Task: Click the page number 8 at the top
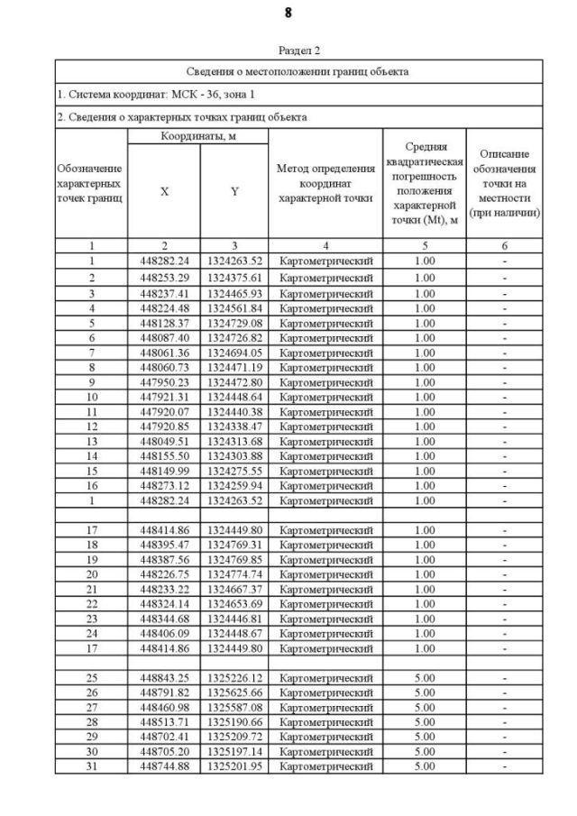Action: click(288, 14)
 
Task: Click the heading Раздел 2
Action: click(298, 51)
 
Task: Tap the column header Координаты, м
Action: click(198, 136)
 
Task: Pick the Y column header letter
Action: click(234, 190)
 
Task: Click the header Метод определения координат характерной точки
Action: click(325, 183)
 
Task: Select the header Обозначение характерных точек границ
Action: click(91, 183)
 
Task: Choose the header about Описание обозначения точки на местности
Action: click(505, 183)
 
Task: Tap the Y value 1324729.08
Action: click(234, 322)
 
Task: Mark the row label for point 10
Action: click(91, 396)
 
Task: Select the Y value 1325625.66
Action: click(234, 692)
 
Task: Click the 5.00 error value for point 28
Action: click(424, 722)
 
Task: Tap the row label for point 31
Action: click(91, 766)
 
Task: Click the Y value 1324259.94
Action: click(234, 485)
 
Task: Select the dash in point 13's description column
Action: click(505, 441)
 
